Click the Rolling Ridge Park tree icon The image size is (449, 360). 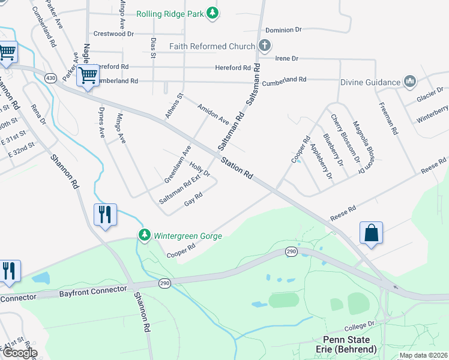pos(212,13)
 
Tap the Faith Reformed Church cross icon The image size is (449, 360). pos(264,46)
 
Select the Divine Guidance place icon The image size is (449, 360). pos(410,81)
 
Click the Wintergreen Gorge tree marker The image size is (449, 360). pos(144,235)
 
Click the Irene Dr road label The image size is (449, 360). pos(286,58)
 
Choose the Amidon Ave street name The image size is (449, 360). pos(213,113)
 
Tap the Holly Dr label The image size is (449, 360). pos(199,169)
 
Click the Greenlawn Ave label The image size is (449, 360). pos(178,164)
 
